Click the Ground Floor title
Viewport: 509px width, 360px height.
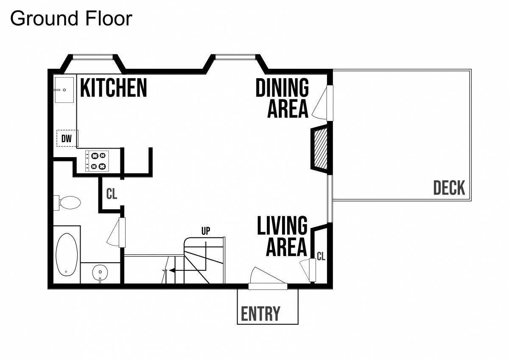click(x=71, y=18)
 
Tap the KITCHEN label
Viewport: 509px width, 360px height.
click(x=113, y=88)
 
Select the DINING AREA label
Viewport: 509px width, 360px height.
click(x=282, y=98)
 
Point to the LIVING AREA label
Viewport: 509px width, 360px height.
click(x=282, y=236)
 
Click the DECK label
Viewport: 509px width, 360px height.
click(x=449, y=188)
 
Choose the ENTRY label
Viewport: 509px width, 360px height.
click(x=260, y=314)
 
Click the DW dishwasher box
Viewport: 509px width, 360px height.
click(x=67, y=138)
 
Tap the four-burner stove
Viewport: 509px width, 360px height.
click(x=97, y=161)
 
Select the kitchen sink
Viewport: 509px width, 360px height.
click(x=64, y=90)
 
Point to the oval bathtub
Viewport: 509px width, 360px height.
click(x=67, y=254)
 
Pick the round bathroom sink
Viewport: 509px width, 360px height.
click(x=100, y=272)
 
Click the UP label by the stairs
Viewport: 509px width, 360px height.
click(x=206, y=231)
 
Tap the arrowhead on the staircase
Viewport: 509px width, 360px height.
click(x=172, y=270)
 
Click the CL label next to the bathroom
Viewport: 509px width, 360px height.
click(x=112, y=194)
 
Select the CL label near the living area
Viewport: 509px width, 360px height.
click(x=321, y=256)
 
